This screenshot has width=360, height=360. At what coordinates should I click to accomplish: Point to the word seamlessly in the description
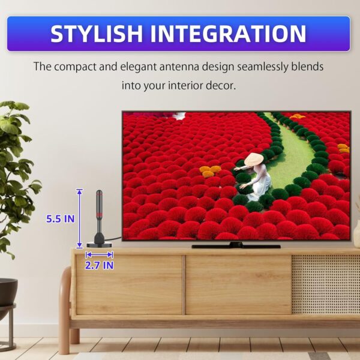tap(259, 66)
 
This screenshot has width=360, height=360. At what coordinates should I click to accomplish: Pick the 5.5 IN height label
tap(61, 219)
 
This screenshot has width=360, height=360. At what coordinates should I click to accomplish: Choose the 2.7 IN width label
tap(100, 265)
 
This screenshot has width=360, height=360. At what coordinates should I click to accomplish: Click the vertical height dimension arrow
tap(79, 218)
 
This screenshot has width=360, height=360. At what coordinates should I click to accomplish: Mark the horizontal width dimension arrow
tap(100, 254)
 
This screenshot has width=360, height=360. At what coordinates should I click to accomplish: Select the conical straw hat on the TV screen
tap(253, 160)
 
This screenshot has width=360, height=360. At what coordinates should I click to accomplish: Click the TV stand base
tap(236, 245)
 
